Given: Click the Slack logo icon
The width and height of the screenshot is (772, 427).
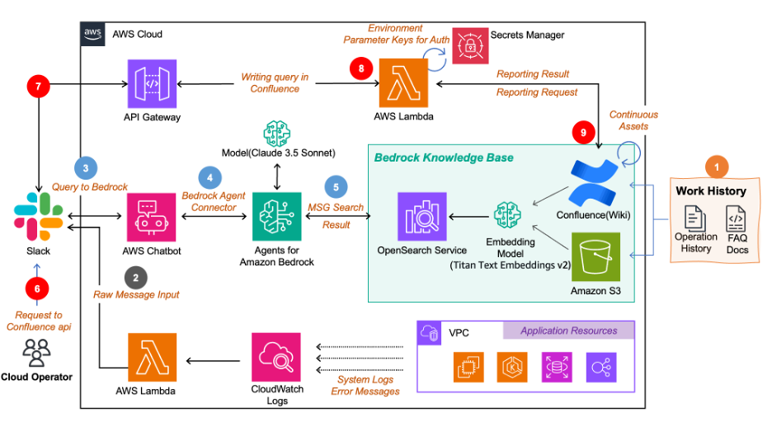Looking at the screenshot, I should click(x=39, y=213).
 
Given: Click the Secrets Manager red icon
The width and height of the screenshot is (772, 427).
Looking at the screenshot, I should click(x=469, y=46).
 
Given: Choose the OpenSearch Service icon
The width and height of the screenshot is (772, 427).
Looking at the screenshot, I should click(x=422, y=217).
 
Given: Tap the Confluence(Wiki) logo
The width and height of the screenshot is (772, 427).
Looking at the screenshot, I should click(x=595, y=184).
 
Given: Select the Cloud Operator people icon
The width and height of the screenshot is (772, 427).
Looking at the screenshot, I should click(x=36, y=353).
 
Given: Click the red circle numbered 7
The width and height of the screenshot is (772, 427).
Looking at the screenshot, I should click(x=39, y=86).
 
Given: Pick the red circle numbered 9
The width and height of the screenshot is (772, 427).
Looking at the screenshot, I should click(x=583, y=132).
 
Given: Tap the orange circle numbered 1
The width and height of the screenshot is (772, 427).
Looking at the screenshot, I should click(x=715, y=167).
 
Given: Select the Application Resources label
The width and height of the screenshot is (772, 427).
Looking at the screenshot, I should click(x=568, y=331).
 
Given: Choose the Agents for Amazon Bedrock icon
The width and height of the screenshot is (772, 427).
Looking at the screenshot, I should click(x=276, y=217).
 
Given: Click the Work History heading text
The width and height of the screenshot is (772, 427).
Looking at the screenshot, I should click(x=710, y=190).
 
